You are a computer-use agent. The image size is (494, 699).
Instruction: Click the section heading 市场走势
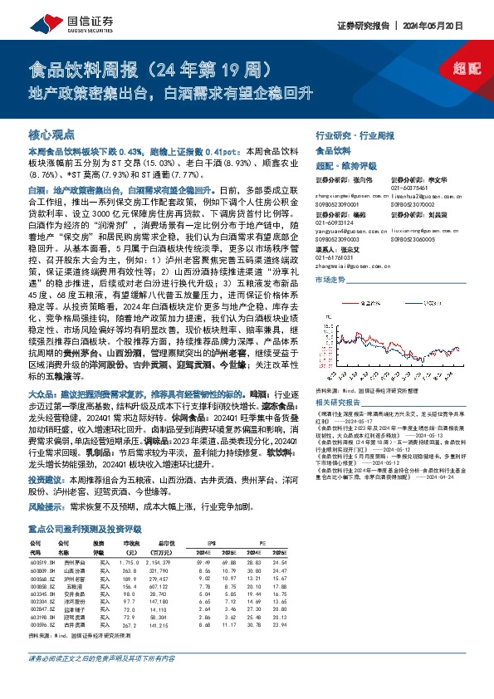coord(331,281)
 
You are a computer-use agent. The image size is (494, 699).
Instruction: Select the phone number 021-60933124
coord(335,223)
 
